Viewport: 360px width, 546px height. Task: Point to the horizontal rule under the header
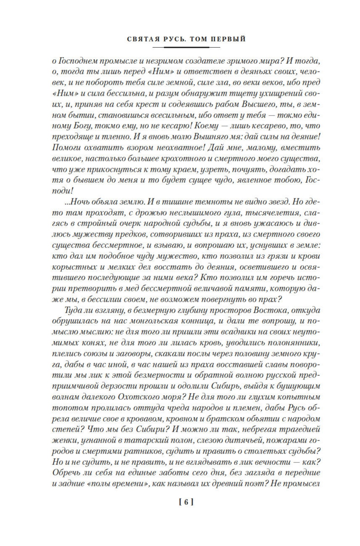tap(187, 47)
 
